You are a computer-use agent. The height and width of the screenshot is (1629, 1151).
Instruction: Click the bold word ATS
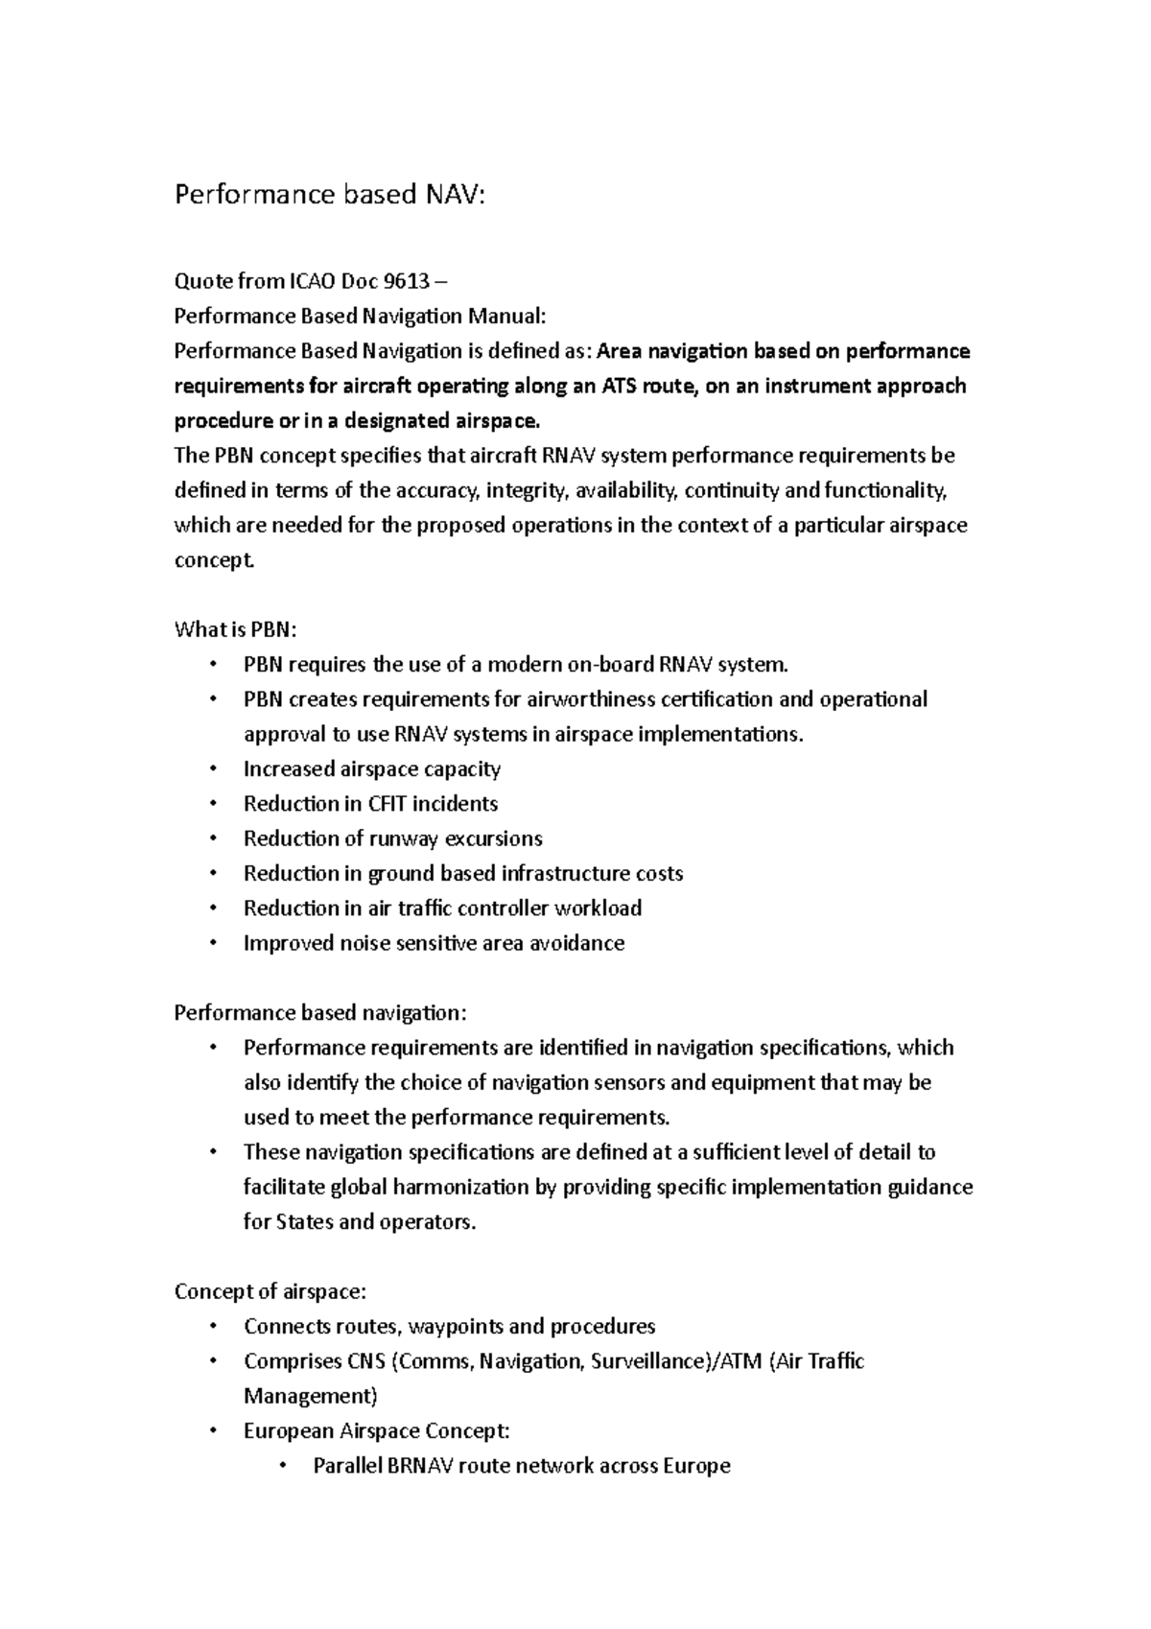coord(622,386)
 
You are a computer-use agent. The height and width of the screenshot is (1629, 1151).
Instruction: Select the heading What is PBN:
coord(236,630)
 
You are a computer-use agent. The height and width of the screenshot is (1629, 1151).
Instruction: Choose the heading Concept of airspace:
coord(270,1292)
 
